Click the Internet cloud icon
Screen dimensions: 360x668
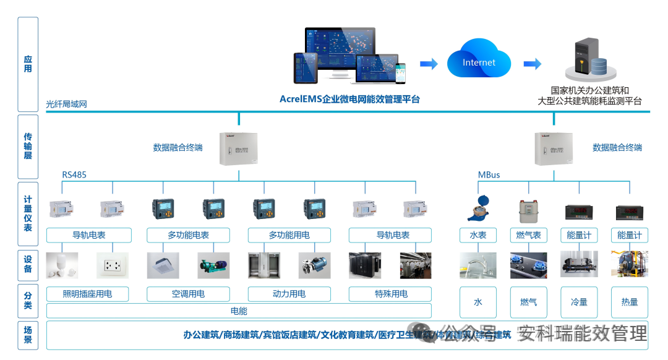point(479,62)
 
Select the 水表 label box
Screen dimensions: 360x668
point(477,235)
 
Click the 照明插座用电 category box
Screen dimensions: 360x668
point(87,294)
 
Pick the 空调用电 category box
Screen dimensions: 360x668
point(188,294)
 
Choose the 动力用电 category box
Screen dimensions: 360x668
point(289,294)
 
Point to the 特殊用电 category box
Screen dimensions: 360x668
point(390,294)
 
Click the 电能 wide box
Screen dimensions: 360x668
point(239,311)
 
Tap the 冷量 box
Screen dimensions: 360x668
point(579,302)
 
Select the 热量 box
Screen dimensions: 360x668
point(629,302)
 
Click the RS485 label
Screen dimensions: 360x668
point(74,175)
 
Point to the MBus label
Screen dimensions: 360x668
point(489,175)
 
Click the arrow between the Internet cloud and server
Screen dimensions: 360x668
point(532,64)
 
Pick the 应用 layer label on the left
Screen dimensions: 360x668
point(28,64)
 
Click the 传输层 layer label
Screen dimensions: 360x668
point(28,146)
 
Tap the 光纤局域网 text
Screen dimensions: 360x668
point(66,104)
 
